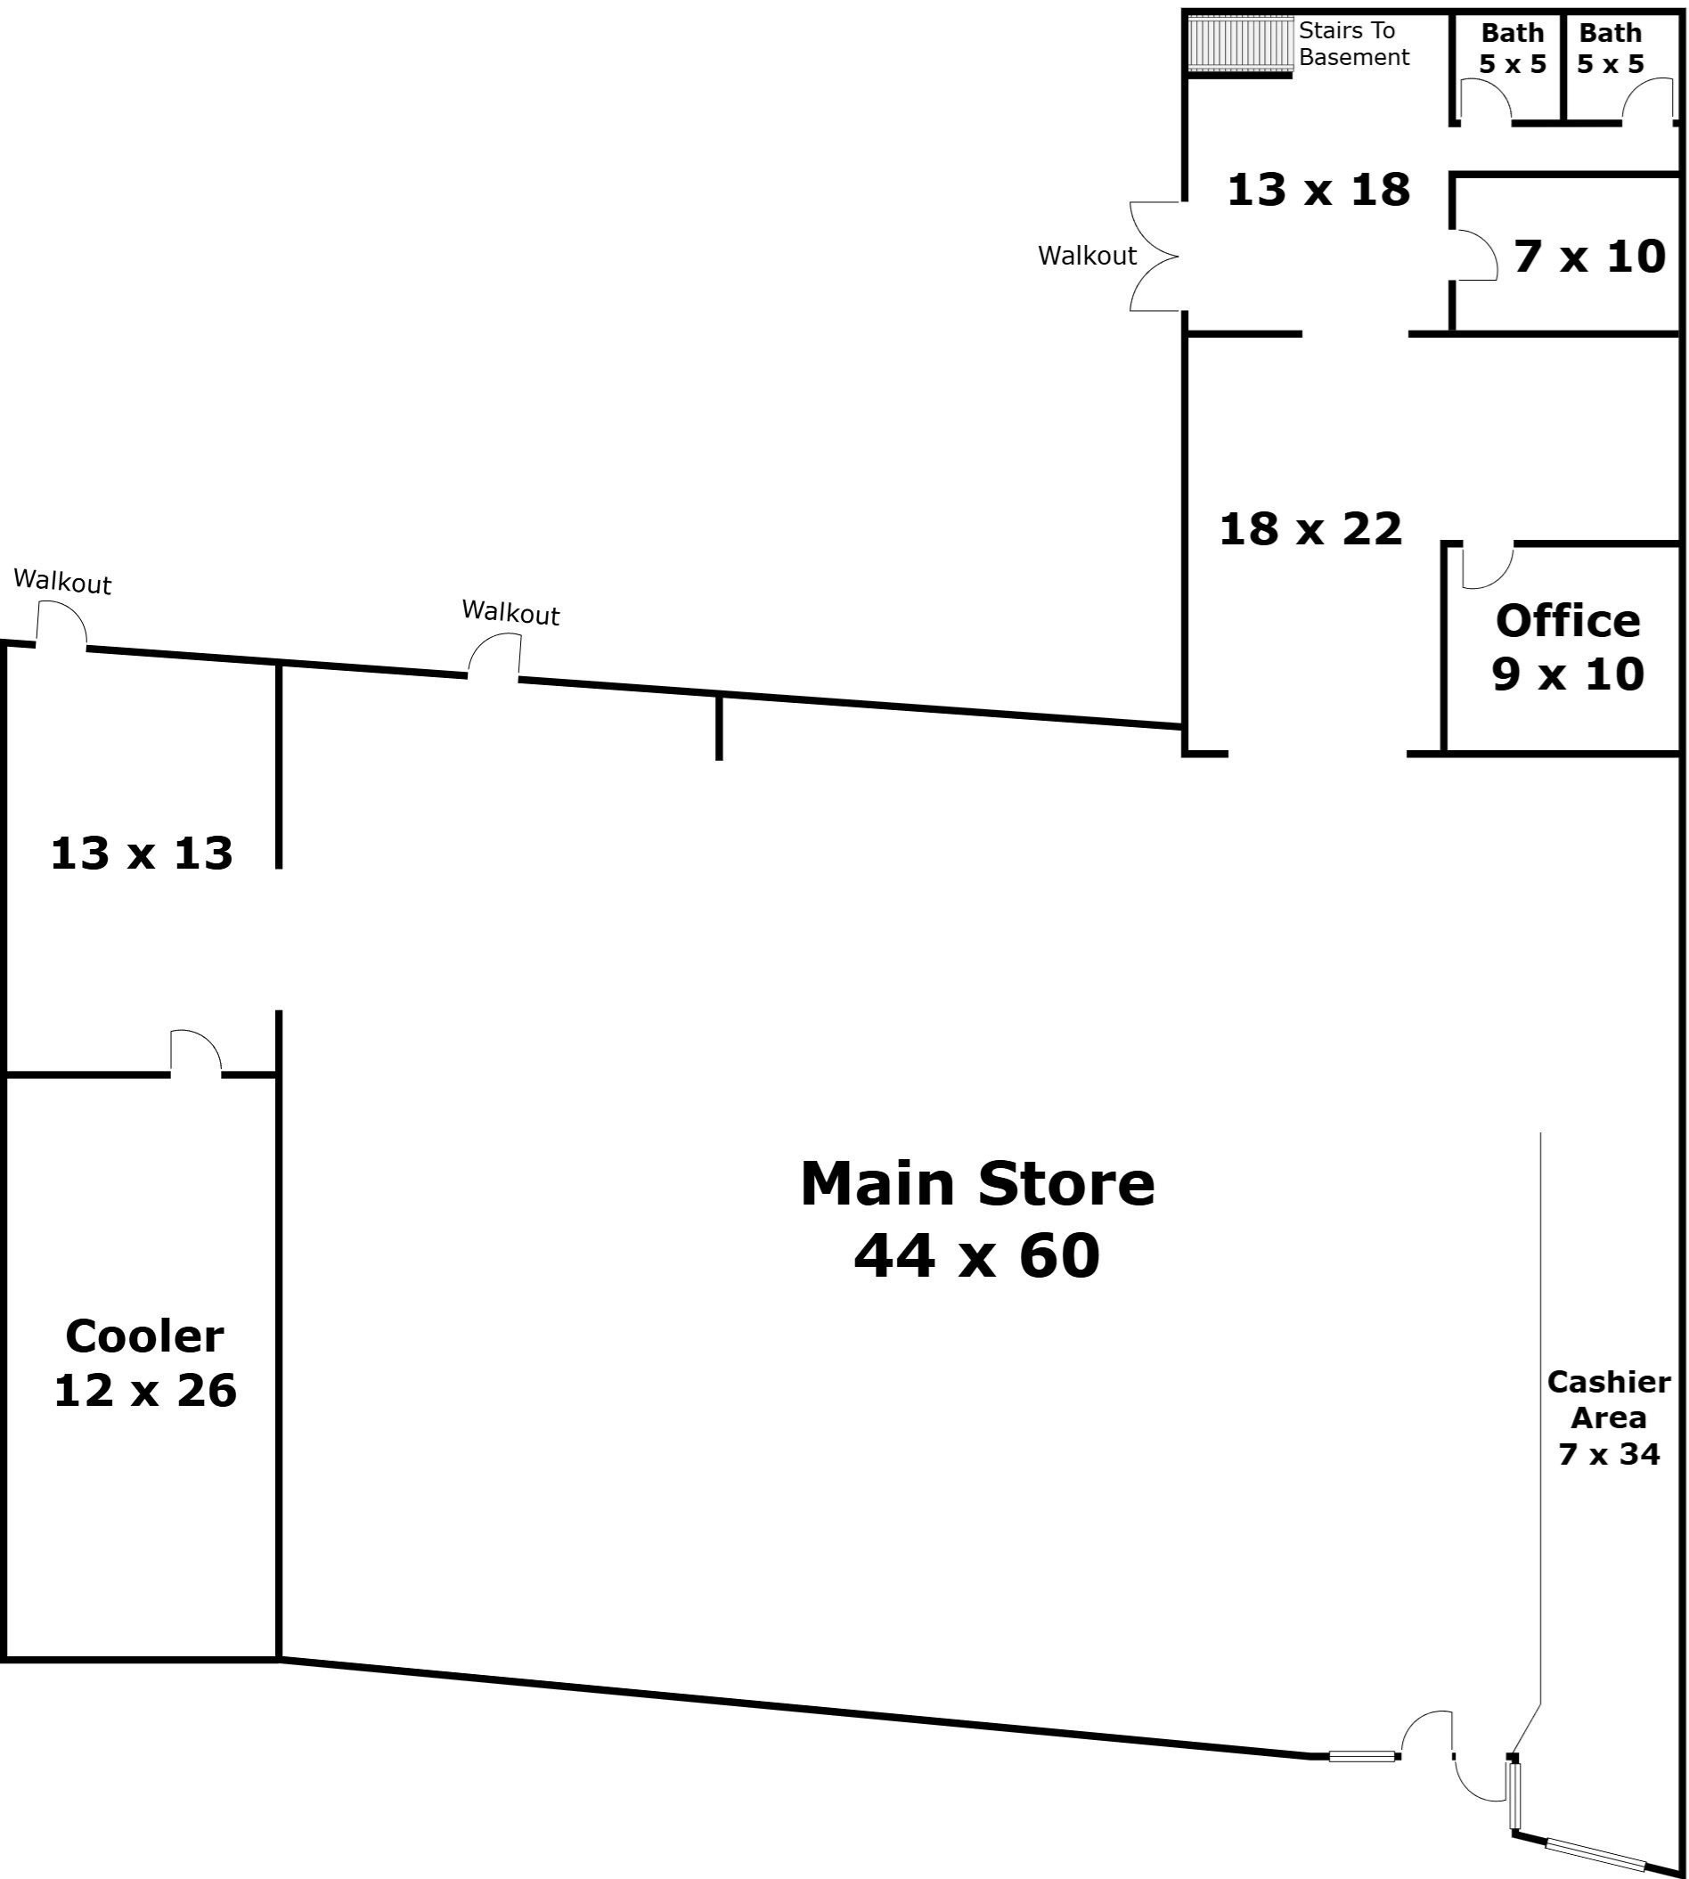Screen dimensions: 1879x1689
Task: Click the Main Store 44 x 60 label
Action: pos(977,1220)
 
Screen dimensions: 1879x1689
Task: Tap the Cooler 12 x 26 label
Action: pos(145,1363)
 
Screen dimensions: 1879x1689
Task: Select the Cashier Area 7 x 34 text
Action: pos(1608,1417)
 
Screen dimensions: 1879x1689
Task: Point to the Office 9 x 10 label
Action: pos(1568,647)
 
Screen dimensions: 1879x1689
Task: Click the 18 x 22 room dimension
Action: pos(1310,529)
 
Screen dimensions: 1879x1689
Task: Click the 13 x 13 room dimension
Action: pos(141,853)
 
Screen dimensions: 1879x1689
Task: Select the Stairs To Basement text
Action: pos(1352,44)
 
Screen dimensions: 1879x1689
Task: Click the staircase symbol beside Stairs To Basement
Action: pos(1241,43)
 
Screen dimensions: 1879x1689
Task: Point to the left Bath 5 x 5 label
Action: pos(1512,48)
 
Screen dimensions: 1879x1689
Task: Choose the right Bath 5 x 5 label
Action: pos(1610,48)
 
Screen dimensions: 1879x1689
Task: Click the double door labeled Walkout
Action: pos(1155,256)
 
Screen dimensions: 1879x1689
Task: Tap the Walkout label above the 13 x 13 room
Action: pos(62,582)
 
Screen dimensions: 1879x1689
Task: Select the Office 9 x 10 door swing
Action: pos(1487,566)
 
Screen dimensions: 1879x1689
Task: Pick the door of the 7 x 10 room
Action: pos(1476,255)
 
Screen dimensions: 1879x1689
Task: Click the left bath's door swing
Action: pos(1486,100)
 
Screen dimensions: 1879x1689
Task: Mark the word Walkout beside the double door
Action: pos(1087,256)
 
